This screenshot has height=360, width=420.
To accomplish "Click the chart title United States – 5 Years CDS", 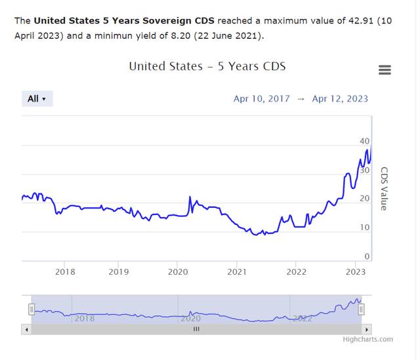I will pos(207,66).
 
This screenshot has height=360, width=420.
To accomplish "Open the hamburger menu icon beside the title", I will pos(385,70).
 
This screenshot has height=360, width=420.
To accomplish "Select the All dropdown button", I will pos(37,99).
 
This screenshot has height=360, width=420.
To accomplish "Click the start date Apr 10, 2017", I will pos(261,99).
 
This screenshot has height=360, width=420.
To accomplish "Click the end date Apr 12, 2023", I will pos(340,99).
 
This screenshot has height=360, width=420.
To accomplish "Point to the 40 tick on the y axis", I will pos(364,141).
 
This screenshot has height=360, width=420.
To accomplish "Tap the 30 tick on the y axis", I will pos(364,170).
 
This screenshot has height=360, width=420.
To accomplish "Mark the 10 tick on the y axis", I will pos(364,228).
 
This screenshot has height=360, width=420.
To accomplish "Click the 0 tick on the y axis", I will pos(367,256).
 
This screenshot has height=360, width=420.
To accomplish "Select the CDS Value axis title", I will pos(383,188).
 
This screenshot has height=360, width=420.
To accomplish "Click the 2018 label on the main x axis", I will pos(65,271).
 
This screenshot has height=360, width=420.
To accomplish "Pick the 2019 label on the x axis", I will pos(118,271).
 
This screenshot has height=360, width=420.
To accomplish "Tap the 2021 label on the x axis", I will pos(237,271).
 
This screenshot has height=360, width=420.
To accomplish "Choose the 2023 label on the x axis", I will pos(355,271).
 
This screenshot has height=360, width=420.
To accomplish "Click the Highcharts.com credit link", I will pos(367,339).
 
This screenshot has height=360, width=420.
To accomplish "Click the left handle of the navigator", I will pos(31,309).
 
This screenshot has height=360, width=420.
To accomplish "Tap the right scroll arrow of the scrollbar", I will pos(367,329).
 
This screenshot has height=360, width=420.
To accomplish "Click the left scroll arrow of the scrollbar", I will pos(27,329).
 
